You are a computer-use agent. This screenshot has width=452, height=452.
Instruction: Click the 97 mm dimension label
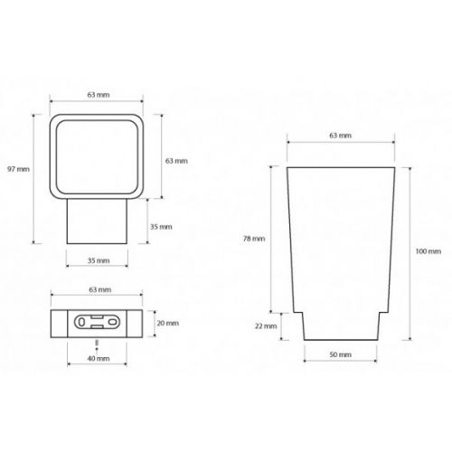tap(18, 169)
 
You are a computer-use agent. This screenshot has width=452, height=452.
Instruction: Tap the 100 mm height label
tap(428, 251)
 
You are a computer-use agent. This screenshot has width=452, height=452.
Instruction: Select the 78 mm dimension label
tap(254, 239)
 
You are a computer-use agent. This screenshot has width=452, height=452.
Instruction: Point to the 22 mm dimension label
tap(266, 325)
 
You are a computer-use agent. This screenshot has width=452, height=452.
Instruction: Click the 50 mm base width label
tap(341, 354)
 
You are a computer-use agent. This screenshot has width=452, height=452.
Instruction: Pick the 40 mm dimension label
tap(99, 358)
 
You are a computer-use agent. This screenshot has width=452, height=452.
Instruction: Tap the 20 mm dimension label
tap(168, 323)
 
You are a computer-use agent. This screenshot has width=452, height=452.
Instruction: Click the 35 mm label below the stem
tap(99, 260)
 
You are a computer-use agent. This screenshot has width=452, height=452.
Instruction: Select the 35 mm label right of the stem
tap(161, 227)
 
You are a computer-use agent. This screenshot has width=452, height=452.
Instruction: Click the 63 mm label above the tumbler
tap(341, 136)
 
